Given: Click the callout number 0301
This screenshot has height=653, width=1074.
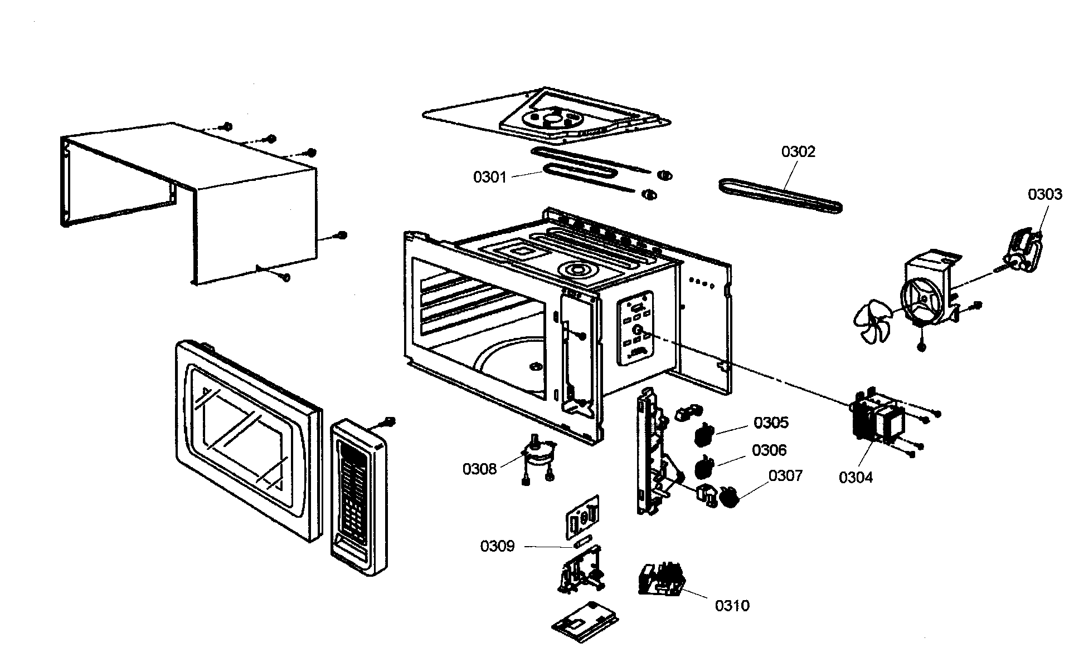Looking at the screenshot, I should pyautogui.click(x=489, y=178).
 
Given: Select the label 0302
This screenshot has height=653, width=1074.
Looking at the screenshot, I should pyautogui.click(x=798, y=151).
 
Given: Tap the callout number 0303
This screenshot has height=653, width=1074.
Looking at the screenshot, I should pyautogui.click(x=1045, y=194).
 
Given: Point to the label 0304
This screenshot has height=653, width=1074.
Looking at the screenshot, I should pyautogui.click(x=856, y=477).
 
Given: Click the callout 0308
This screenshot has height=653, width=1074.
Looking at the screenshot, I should pyautogui.click(x=479, y=469).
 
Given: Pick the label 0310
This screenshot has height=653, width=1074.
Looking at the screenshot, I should pyautogui.click(x=732, y=606).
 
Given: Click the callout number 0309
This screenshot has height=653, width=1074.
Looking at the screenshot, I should pyautogui.click(x=497, y=547).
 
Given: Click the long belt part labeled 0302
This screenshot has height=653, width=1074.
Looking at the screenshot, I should pyautogui.click(x=780, y=196).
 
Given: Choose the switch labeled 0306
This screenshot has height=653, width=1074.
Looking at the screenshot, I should pyautogui.click(x=704, y=465).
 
